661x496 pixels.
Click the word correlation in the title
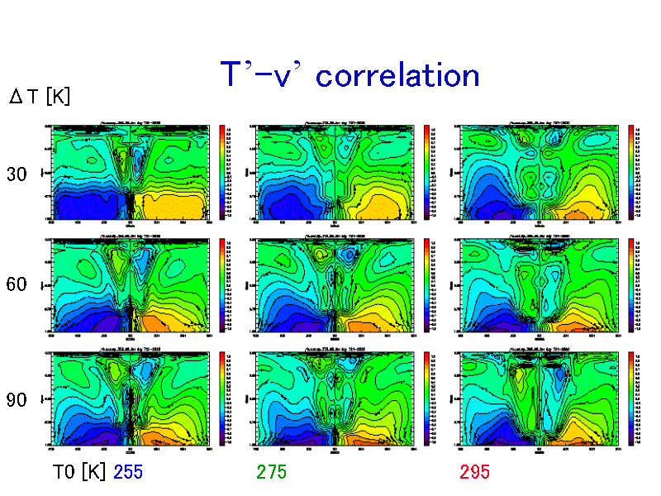tap(398, 75)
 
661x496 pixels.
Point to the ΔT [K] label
tap(40, 97)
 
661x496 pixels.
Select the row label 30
tap(17, 174)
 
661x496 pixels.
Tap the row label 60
tap(17, 285)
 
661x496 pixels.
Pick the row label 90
tap(17, 400)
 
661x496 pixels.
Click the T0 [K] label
tap(79, 472)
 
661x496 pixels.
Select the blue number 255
tap(129, 472)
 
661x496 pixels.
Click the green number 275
tap(272, 472)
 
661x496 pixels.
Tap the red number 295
tap(475, 472)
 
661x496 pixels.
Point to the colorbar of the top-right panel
tap(630, 172)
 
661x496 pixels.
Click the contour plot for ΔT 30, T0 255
tap(131, 172)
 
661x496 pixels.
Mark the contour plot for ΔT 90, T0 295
tap(539, 399)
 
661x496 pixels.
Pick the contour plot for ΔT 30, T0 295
tap(539, 172)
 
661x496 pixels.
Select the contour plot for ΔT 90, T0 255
tap(131, 399)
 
